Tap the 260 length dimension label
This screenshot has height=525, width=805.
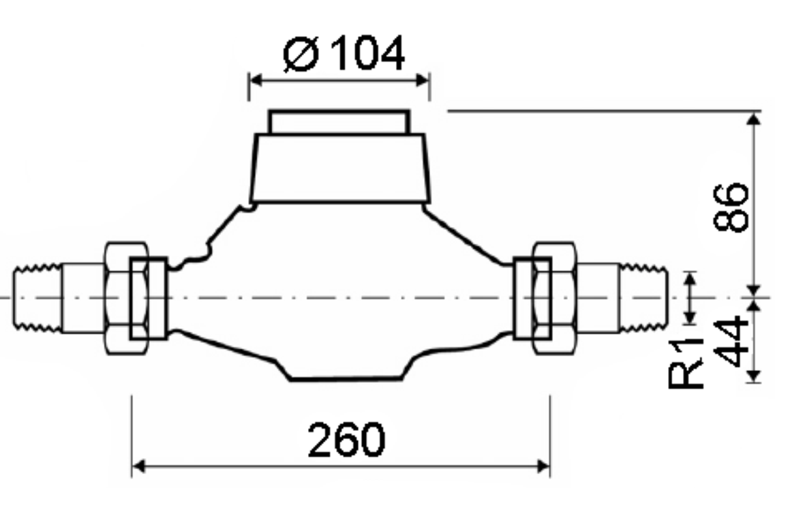[346, 440]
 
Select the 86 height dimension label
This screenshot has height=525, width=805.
[731, 207]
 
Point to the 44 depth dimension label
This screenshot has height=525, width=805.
[731, 341]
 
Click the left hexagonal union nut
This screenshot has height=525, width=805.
[127, 298]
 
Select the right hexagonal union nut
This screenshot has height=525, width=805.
[553, 298]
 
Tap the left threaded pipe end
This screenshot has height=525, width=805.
[37, 298]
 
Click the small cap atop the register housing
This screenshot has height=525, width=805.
[339, 122]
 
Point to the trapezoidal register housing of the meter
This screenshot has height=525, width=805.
[339, 168]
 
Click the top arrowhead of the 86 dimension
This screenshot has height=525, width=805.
[753, 120]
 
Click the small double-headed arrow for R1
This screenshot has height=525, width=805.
[690, 298]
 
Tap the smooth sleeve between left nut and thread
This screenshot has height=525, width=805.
[82, 298]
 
